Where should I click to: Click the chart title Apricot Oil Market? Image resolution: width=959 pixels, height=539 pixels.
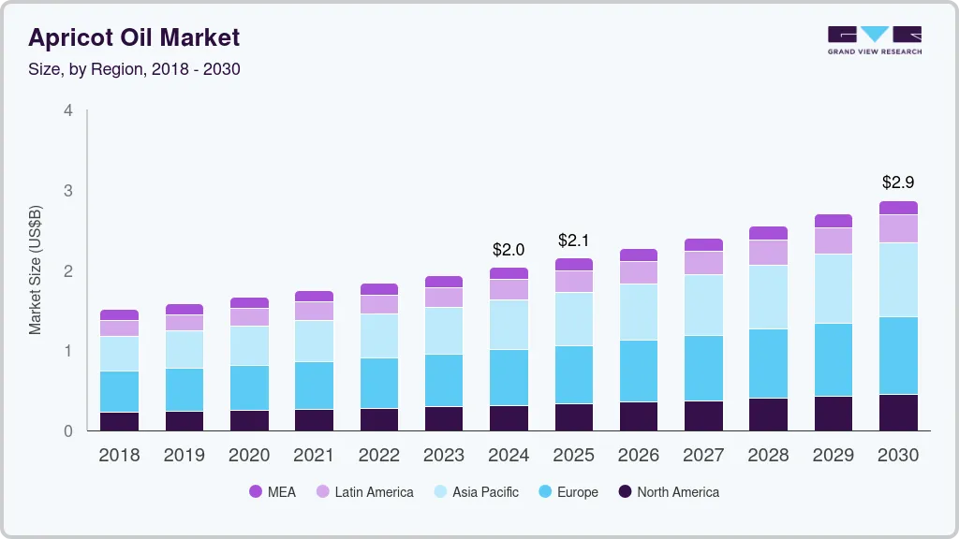coord(134,37)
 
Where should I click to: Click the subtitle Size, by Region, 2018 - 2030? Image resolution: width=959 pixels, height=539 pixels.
coord(134,69)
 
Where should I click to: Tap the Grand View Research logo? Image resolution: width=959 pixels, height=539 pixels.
coord(874,39)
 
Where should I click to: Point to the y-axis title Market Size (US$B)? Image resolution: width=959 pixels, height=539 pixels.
coord(35,269)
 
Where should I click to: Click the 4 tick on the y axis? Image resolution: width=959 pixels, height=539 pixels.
coord(67,110)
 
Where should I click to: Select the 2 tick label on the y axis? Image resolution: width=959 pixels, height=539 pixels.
coord(67,271)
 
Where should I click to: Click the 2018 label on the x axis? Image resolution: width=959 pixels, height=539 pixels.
coord(119,456)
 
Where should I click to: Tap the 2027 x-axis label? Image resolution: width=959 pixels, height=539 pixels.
coord(703,456)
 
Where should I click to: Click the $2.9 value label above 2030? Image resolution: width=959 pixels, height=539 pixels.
coord(898,182)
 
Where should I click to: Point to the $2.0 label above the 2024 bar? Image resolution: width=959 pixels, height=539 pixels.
coord(509,250)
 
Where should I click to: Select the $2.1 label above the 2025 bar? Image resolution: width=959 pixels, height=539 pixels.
coord(573,240)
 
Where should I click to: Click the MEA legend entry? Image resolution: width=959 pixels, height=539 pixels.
coord(272,492)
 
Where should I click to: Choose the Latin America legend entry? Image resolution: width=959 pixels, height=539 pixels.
coord(364,492)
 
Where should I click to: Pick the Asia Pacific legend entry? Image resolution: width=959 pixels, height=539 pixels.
coord(475,492)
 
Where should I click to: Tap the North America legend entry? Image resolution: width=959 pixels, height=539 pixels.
coord(668,492)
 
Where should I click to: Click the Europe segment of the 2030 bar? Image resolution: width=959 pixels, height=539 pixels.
coord(898,356)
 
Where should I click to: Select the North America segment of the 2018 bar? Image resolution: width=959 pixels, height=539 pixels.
coord(119,421)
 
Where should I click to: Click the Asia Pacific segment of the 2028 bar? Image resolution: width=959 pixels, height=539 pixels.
coord(768,297)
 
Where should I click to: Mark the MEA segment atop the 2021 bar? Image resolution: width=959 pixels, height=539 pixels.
coord(314,296)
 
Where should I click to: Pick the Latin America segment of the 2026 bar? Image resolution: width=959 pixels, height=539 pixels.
coord(639,272)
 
